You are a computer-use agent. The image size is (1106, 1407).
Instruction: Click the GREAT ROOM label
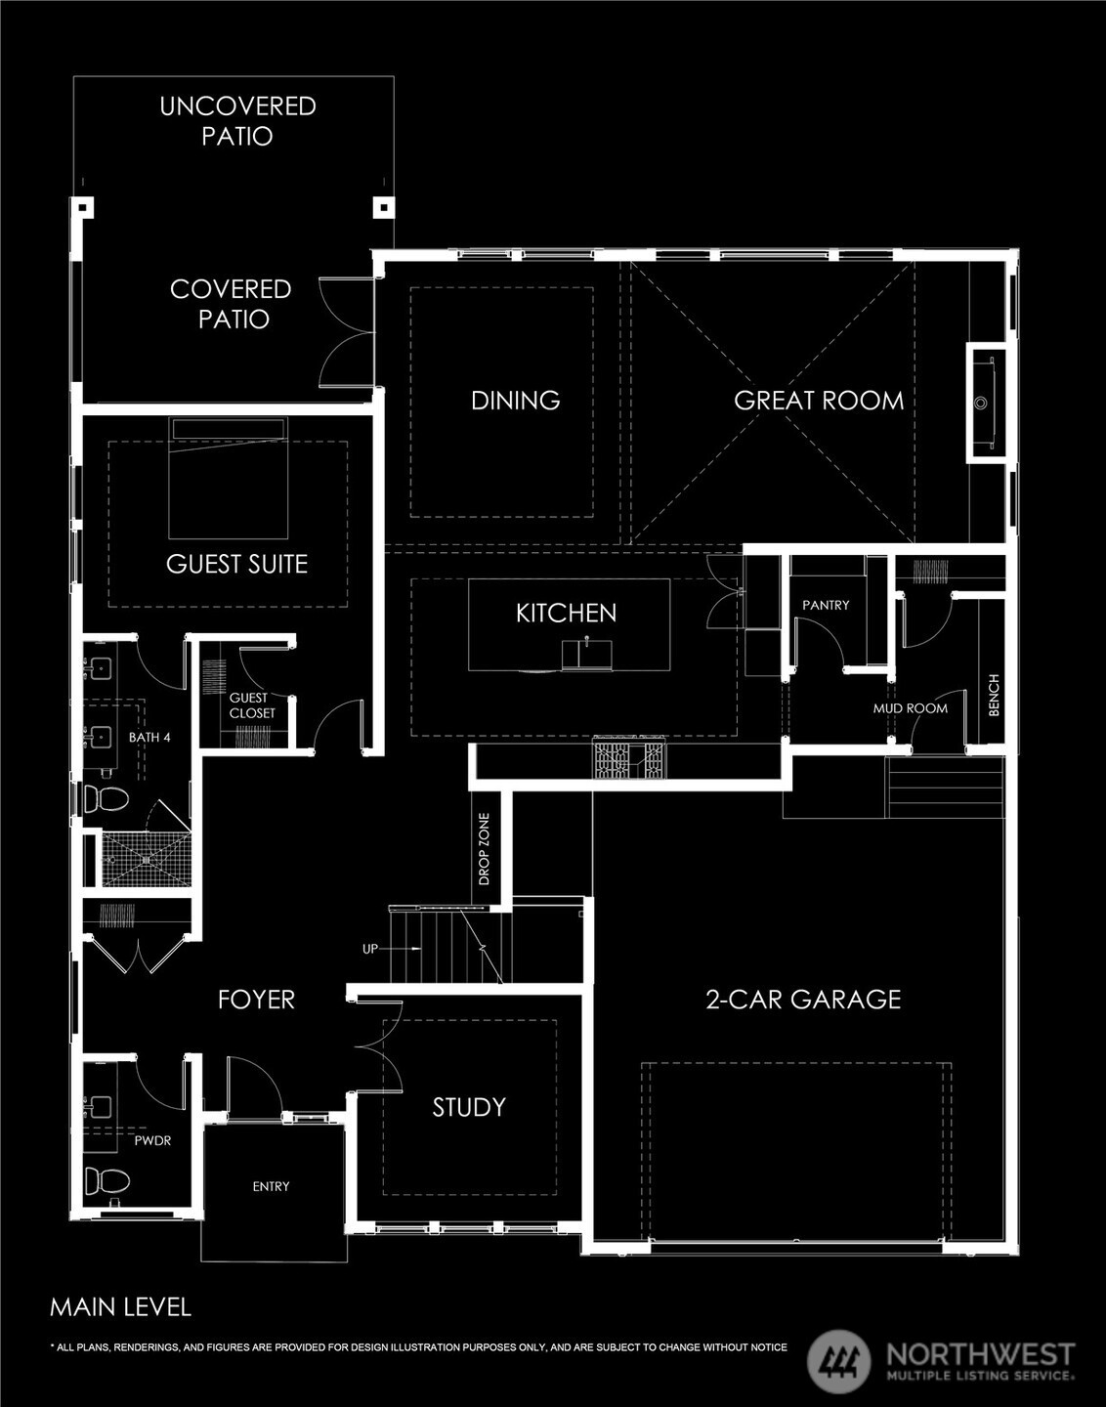[x=819, y=401]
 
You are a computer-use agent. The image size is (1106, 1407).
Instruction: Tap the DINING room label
[x=515, y=401]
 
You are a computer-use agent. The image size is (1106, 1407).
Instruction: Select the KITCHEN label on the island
[x=566, y=613]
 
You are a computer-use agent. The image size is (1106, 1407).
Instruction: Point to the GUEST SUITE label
[x=236, y=564]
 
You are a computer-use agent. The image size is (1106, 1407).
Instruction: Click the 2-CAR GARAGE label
[x=803, y=999]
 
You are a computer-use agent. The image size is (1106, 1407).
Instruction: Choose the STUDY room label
[x=469, y=1107]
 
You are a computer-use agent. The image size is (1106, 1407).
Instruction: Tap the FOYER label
[x=256, y=999]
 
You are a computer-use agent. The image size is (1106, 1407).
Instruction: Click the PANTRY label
[x=826, y=605]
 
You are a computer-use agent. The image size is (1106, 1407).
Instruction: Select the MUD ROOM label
[x=910, y=708]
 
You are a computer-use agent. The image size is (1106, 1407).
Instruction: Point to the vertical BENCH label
[x=994, y=695]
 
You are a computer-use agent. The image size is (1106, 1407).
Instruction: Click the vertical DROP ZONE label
[x=484, y=849]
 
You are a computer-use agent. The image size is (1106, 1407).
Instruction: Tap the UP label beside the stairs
[x=370, y=948]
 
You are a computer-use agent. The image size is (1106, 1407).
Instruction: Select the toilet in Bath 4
[x=106, y=798]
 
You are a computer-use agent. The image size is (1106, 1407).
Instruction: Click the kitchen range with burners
[x=629, y=759]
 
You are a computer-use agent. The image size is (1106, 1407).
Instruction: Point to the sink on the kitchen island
[x=586, y=655]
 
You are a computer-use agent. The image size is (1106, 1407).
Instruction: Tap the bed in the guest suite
[x=228, y=478]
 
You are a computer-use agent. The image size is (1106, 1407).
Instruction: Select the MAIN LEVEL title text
[x=121, y=1307]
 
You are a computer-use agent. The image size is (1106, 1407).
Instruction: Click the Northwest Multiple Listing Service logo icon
[x=838, y=1360]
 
